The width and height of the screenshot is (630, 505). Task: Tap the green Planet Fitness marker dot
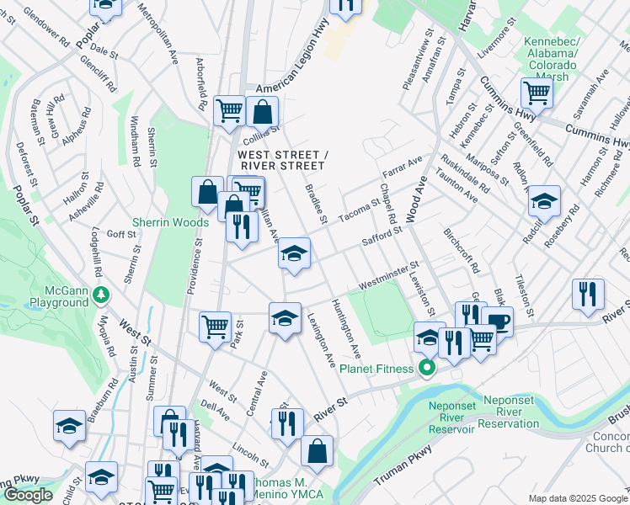point(427,368)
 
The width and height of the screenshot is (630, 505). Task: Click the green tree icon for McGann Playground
point(101,295)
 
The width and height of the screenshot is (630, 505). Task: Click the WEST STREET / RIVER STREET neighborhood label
point(281,160)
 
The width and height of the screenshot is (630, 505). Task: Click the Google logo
point(28,495)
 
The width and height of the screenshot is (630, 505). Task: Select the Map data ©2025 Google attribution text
point(578,498)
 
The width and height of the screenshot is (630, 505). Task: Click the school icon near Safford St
point(294,254)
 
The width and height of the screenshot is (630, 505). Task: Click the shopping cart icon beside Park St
point(216,326)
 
